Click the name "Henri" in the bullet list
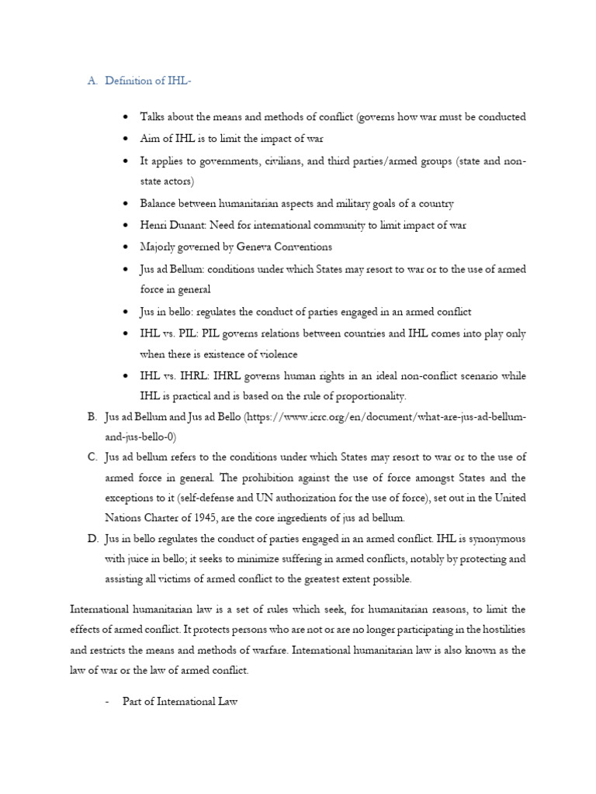pos(154,225)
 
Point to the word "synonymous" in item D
pos(494,539)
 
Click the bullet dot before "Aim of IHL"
pos(126,139)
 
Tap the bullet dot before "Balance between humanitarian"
pos(126,203)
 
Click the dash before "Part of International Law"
pos(106,702)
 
